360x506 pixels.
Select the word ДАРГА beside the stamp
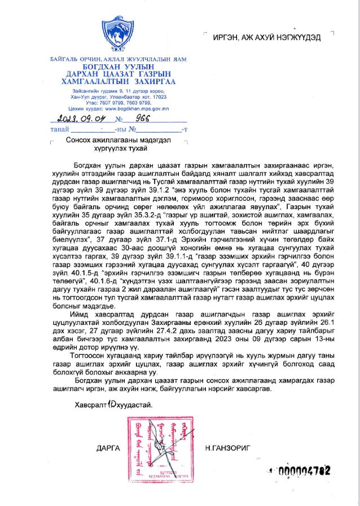108,447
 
